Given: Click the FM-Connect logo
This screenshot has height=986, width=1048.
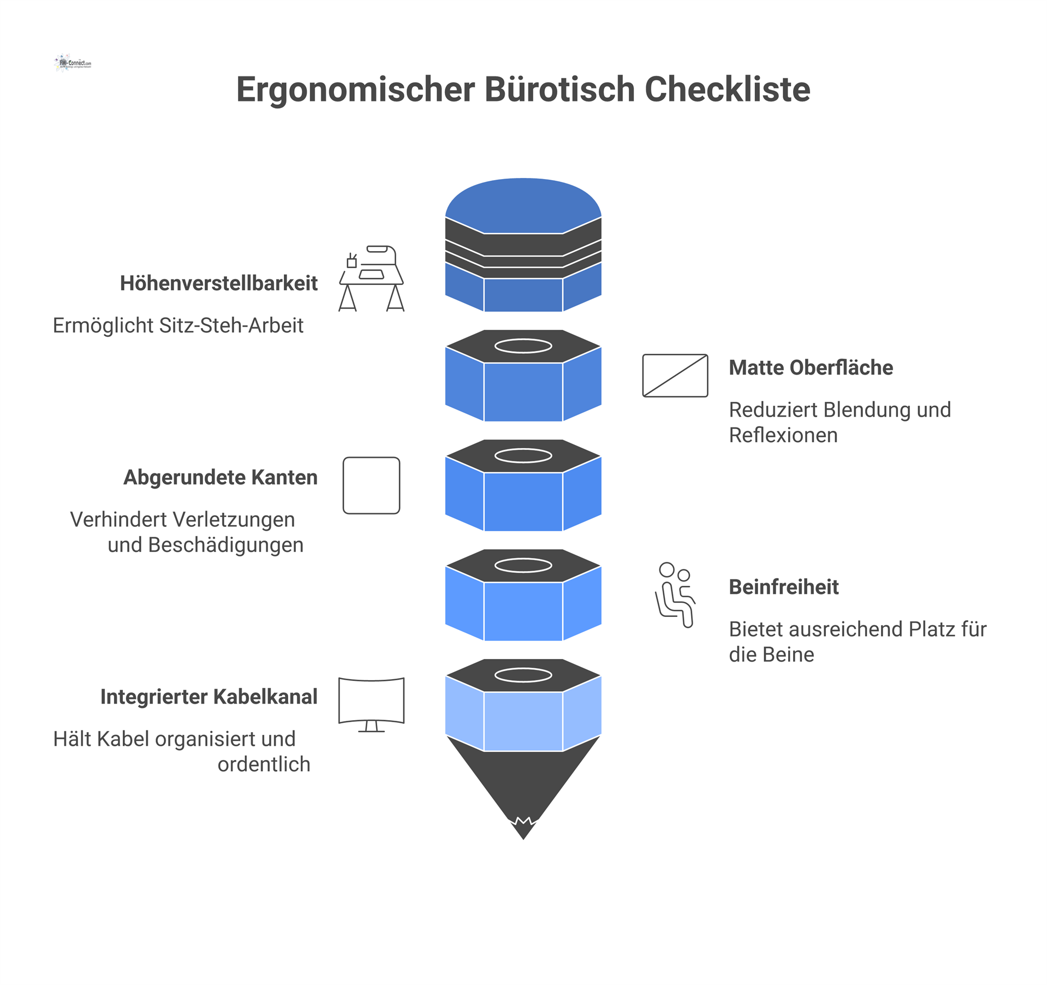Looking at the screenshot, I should pos(73,63).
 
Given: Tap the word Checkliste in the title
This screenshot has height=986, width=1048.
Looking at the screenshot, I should pos(727,90).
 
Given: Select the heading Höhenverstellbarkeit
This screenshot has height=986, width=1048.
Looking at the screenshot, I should pos(218,283).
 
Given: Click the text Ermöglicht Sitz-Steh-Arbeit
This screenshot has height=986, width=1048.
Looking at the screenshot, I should pos(178,325).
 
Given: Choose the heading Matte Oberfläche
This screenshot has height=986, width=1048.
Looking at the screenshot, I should pos(811,368).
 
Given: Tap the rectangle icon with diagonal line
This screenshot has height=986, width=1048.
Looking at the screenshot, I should pos(675,376).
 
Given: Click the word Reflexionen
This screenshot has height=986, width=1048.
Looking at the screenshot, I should pos(783,436).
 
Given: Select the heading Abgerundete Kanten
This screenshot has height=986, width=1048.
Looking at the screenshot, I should pos(220,478).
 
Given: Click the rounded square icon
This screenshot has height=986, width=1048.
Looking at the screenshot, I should pos(371,485).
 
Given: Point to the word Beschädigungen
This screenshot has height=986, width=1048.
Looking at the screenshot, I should pos(225,545).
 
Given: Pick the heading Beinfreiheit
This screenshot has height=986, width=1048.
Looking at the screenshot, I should pos(783,587).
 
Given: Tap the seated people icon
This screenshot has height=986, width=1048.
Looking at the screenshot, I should pos(675,595).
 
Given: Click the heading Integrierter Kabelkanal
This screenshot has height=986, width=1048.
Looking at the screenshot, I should pos(209,697).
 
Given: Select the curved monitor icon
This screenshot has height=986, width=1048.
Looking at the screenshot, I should pos(371,704).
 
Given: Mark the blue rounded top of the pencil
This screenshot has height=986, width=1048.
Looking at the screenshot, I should pos(523,205).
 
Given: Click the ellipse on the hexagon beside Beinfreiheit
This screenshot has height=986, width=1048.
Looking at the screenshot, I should pos(523,566).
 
